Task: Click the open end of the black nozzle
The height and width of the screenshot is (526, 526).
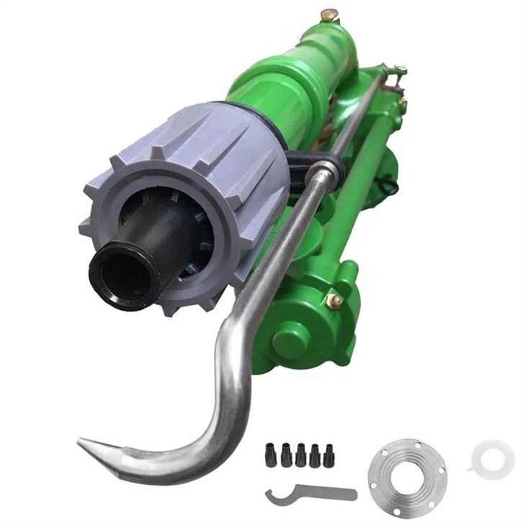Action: (120, 275)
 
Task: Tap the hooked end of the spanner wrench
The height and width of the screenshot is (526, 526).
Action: (272, 497)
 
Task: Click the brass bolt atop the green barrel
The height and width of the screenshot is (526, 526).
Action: (329, 14)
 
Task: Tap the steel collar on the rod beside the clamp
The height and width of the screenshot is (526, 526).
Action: (328, 174)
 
